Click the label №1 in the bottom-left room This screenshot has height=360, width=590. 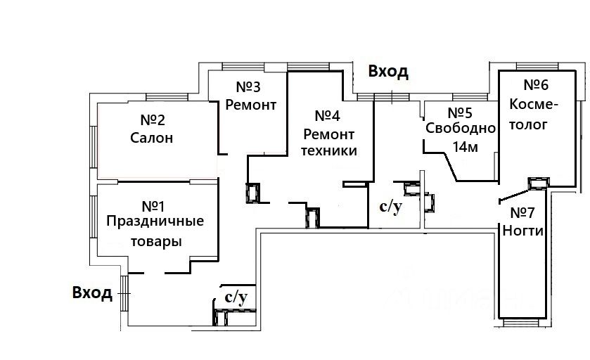[153, 206]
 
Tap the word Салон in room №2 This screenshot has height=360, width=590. [152, 138]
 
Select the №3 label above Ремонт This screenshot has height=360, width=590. [248, 87]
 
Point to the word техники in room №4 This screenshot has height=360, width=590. [329, 151]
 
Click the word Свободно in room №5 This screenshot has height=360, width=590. [461, 129]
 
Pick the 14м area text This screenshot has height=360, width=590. [466, 147]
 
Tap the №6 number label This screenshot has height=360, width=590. [536, 85]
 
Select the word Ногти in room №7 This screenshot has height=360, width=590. [523, 231]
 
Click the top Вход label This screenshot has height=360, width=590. [388, 72]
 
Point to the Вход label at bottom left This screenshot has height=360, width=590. [92, 292]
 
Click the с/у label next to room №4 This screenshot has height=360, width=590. [391, 207]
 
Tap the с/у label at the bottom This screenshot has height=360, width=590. [236, 297]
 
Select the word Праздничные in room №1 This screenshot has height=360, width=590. [155, 222]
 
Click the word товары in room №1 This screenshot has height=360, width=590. [156, 241]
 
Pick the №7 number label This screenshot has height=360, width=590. [522, 213]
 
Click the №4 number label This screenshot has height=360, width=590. [328, 116]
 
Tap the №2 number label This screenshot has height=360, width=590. [153, 120]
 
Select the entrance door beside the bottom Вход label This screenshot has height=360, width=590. [124, 293]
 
